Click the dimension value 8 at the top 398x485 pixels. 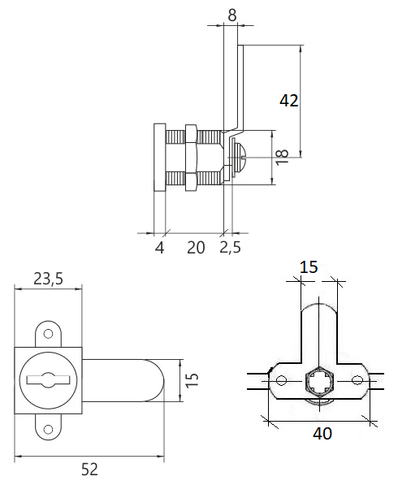(x=232, y=15)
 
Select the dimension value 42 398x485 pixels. (x=289, y=101)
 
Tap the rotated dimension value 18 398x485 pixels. (x=283, y=157)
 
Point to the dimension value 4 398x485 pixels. (x=159, y=248)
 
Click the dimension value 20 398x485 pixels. (x=196, y=248)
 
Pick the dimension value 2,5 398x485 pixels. (x=230, y=248)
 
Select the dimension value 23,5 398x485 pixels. (x=48, y=279)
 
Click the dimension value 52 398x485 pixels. (x=89, y=470)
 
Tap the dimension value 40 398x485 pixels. (x=322, y=434)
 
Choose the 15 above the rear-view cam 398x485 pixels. (x=309, y=267)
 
